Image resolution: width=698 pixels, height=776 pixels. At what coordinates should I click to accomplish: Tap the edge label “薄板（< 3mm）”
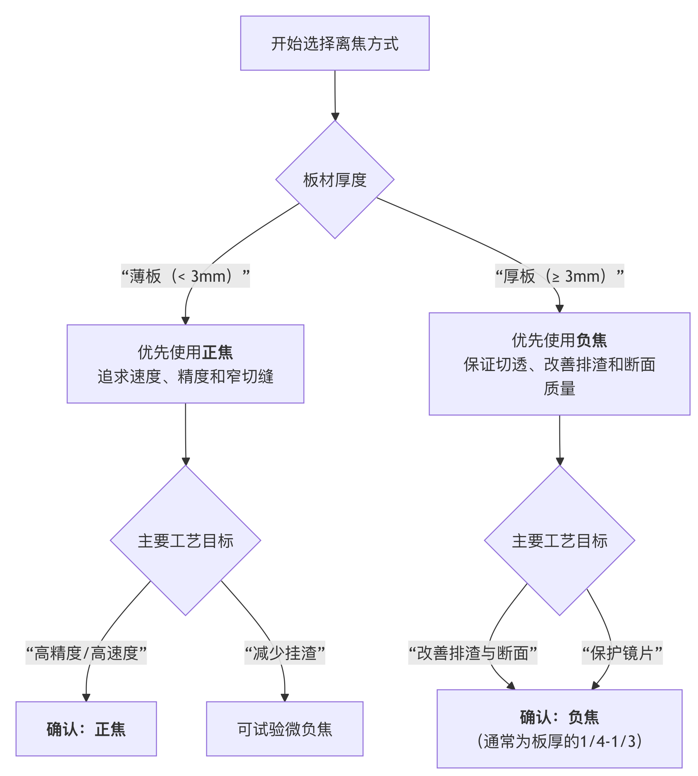point(185,276)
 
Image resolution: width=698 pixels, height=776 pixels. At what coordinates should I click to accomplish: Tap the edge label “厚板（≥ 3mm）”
point(559,276)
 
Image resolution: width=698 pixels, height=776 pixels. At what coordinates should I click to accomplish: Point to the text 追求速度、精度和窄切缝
point(185,377)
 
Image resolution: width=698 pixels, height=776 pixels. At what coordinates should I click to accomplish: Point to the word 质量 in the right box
point(559,388)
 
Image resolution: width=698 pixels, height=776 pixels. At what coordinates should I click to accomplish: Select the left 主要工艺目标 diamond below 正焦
point(185,541)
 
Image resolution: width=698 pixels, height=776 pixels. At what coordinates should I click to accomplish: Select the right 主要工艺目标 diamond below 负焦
point(559,541)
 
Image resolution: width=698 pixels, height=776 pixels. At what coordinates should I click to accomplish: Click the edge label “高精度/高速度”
point(86,653)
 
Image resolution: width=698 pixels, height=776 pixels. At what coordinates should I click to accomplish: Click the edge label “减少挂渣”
point(284,653)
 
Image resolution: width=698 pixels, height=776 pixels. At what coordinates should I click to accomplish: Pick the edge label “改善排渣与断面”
point(472,653)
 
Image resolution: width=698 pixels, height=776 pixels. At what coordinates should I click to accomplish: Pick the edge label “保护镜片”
point(622,653)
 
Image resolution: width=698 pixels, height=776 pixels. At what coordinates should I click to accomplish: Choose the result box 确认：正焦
point(86,729)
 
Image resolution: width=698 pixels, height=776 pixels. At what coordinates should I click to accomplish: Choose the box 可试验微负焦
point(284,729)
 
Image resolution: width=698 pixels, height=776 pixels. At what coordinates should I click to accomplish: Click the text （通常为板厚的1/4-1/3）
point(559,741)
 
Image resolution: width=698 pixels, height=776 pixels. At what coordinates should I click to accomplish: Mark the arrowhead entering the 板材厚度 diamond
point(335,117)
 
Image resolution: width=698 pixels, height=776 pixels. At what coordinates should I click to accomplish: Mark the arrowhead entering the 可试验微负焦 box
point(284,697)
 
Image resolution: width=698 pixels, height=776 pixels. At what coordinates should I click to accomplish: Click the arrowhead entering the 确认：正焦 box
point(86,697)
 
